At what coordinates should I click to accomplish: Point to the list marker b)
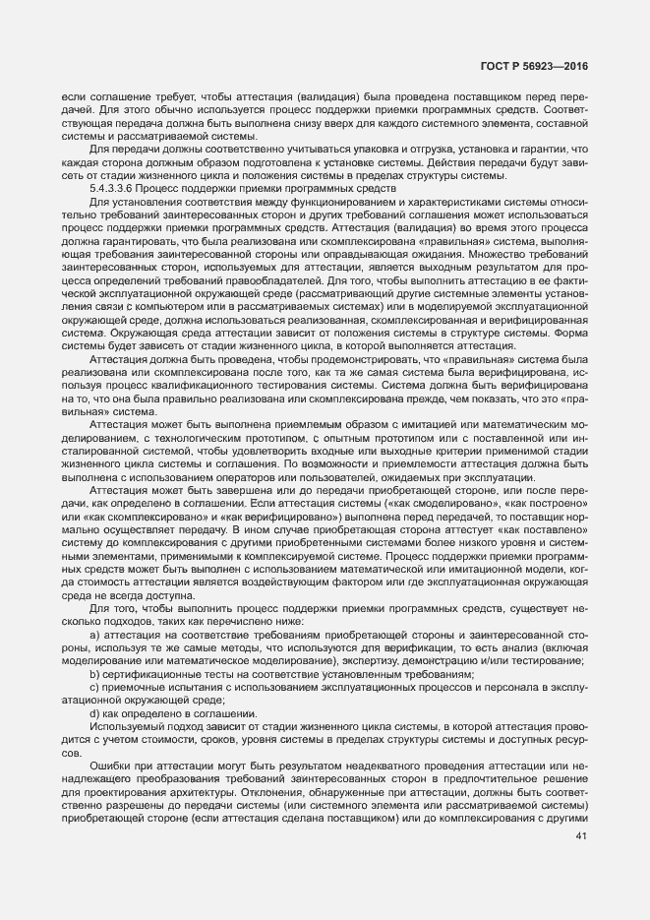coord(94,675)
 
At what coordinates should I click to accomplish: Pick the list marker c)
coord(94,688)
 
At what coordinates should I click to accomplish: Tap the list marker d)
coord(94,713)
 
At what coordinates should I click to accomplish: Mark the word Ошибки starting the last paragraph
coord(109,765)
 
